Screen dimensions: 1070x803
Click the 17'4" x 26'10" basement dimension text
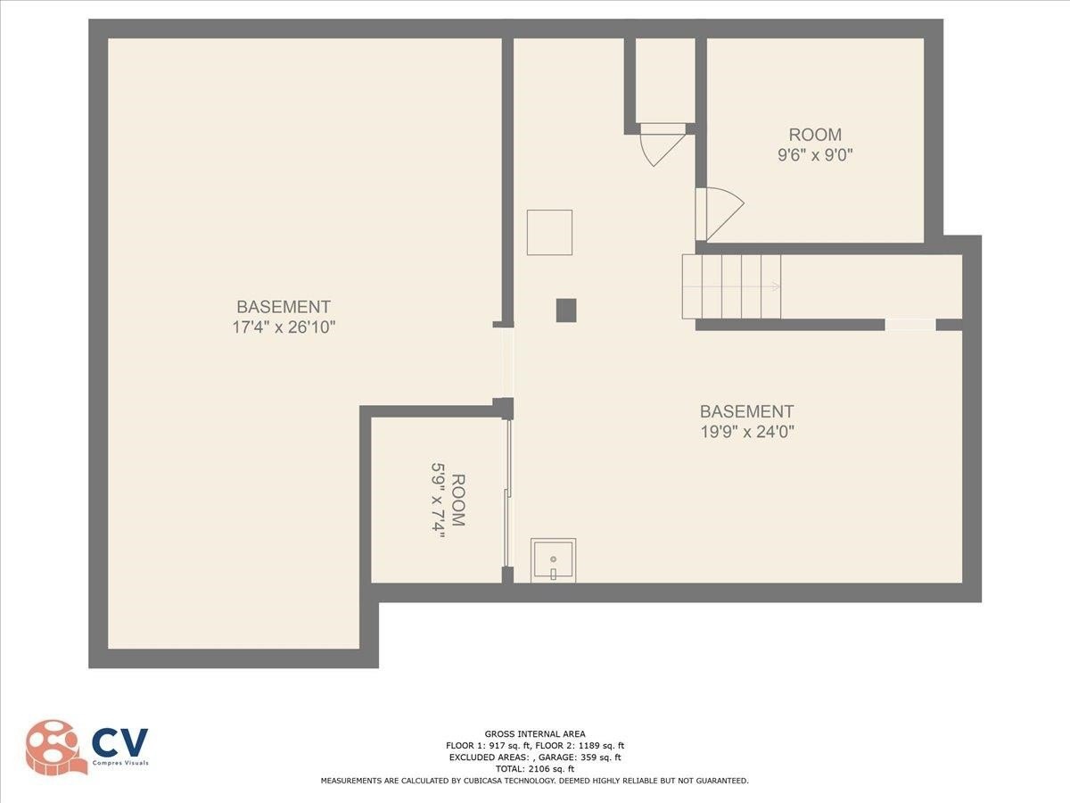tap(284, 327)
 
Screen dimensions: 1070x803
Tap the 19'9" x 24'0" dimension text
tap(747, 432)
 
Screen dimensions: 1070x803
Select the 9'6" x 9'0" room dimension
tap(815, 155)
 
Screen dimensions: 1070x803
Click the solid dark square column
tap(566, 310)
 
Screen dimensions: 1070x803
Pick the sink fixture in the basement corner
tap(554, 560)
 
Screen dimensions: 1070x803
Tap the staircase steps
tap(731, 286)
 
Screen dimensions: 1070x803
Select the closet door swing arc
tap(662, 145)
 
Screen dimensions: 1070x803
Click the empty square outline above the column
tap(549, 233)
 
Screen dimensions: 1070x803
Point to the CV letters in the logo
tap(119, 742)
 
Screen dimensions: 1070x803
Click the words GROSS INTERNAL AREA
tap(535, 733)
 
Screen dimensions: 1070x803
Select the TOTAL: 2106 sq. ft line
tap(535, 769)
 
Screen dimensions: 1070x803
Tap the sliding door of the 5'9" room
tap(507, 493)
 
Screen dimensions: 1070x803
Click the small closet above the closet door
tap(665, 80)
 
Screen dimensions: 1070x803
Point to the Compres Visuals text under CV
tap(120, 763)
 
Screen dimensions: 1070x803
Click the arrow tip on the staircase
tap(779, 286)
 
